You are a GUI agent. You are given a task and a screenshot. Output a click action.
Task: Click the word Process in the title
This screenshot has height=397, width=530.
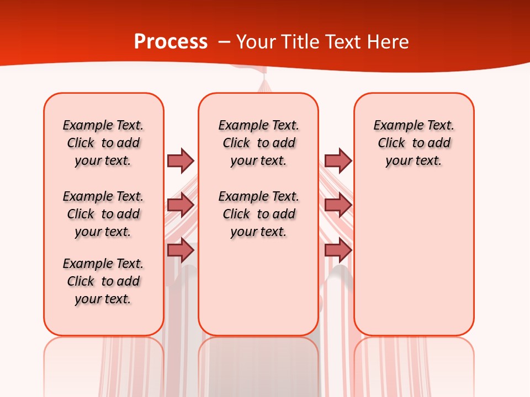(171, 42)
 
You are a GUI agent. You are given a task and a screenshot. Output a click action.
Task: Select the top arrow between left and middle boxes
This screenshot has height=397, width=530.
(181, 160)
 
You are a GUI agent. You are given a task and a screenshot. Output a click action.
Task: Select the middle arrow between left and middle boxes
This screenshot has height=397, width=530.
(181, 205)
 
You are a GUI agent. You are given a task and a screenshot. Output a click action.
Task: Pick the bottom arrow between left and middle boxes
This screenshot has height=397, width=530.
(181, 250)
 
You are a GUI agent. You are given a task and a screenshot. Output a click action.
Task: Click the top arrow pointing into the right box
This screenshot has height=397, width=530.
(338, 160)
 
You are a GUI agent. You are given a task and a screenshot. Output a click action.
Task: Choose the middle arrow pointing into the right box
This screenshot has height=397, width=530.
(338, 205)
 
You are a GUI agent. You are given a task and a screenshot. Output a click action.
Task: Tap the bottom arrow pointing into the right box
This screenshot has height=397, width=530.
(338, 250)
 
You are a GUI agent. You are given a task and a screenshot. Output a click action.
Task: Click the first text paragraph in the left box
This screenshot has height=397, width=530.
(103, 143)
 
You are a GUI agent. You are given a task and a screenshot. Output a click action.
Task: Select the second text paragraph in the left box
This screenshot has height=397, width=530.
(103, 214)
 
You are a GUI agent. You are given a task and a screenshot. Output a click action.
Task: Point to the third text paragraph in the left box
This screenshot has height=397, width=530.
(103, 281)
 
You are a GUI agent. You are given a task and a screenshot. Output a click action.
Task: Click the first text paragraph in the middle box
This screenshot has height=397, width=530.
(258, 143)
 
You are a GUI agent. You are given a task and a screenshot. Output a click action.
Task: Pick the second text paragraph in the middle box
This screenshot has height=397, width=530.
(258, 214)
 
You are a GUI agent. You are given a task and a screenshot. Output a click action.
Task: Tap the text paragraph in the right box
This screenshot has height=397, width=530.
(414, 143)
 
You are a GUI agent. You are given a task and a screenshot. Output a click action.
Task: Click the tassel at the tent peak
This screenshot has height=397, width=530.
(264, 85)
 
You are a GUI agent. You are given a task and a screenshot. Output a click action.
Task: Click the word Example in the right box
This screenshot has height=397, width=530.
(394, 125)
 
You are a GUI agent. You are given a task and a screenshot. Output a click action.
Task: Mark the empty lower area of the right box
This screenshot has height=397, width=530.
(414, 259)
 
